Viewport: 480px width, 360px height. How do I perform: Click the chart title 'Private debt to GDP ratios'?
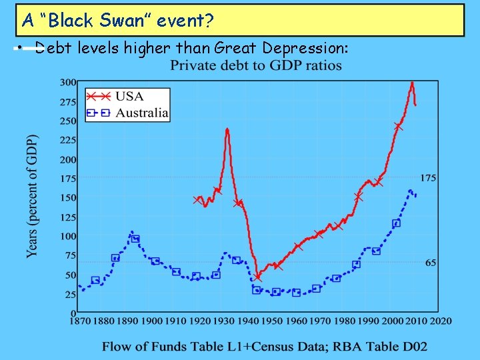[x=256, y=65]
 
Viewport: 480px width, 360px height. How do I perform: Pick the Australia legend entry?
[x=141, y=113]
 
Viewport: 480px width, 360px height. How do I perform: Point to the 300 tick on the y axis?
[x=68, y=83]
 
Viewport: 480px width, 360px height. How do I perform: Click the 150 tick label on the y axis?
[x=68, y=198]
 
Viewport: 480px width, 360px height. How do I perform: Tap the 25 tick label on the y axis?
[x=70, y=294]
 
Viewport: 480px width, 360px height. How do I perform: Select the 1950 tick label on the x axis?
[x=271, y=321]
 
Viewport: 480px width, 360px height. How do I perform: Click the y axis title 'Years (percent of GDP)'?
[x=33, y=196]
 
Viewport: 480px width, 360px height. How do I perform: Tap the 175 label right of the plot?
[x=428, y=178]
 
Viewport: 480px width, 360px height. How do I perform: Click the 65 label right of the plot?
[x=431, y=263]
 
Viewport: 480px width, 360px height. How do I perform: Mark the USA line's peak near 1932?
[x=227, y=129]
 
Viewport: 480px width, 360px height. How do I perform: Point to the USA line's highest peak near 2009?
[x=413, y=83]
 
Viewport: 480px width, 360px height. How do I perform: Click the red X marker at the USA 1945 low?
[x=258, y=277]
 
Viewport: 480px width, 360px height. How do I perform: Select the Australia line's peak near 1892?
[x=131, y=231]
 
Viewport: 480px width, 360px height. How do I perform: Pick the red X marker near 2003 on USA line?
[x=399, y=127]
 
